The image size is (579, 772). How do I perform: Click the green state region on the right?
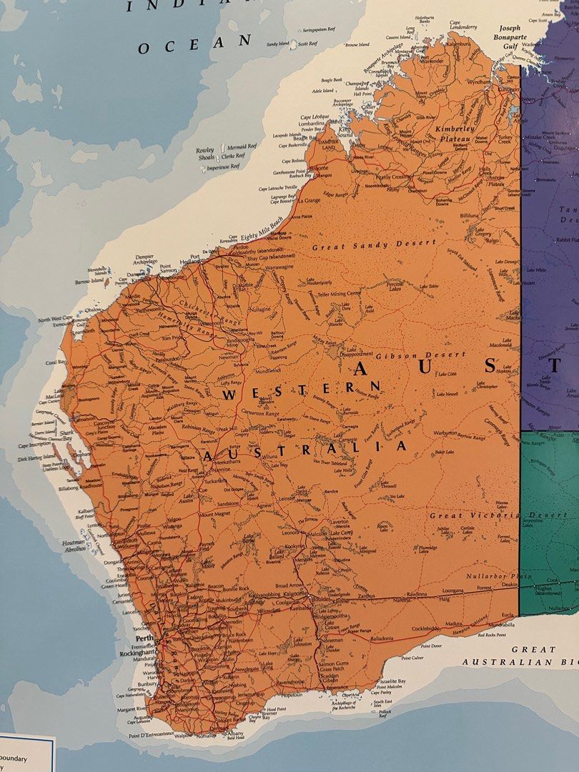(x=550, y=500)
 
